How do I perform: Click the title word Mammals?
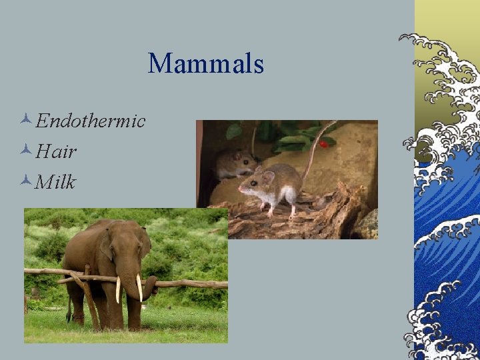coord(206,64)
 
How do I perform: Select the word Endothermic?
coord(91,121)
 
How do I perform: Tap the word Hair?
coord(57,151)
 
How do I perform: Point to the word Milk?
coord(57,181)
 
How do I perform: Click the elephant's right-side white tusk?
coord(139,288)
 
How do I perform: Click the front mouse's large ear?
coord(267,179)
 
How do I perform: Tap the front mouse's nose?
coord(239,191)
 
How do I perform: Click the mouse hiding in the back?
coord(234,163)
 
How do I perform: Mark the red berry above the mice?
coord(324,142)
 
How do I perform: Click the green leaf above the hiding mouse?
coord(233,131)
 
